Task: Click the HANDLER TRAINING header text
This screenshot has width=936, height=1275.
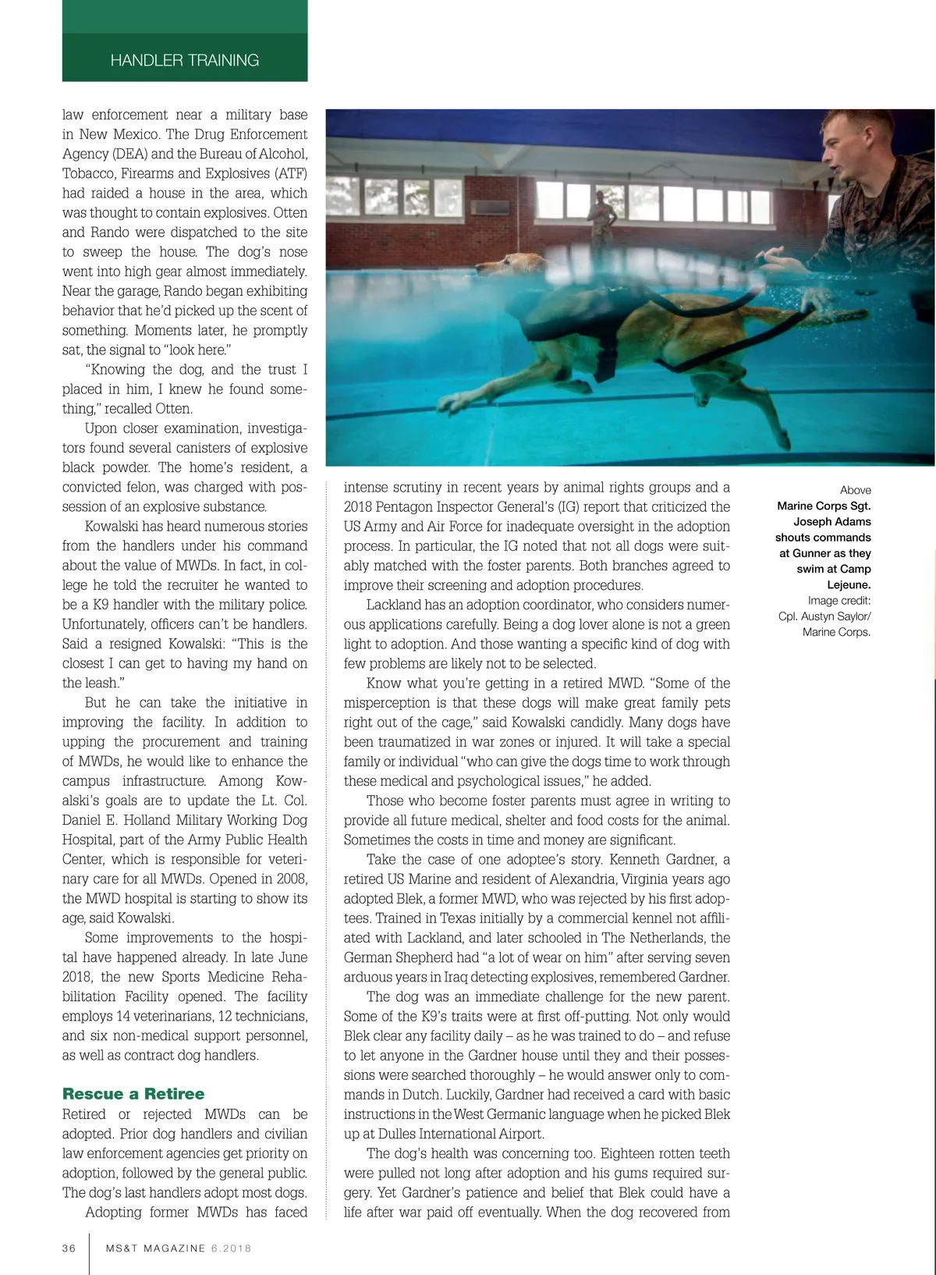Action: (x=185, y=60)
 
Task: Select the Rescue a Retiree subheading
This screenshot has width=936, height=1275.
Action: (x=133, y=1094)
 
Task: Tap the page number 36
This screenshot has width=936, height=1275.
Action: (x=69, y=1248)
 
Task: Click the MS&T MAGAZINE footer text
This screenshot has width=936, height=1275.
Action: (x=156, y=1248)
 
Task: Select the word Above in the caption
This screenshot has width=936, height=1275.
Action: (x=855, y=490)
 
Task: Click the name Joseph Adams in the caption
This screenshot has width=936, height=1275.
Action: (x=832, y=521)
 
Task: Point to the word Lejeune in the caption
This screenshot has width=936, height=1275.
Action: (x=849, y=584)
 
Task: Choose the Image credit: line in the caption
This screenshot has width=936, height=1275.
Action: (x=839, y=600)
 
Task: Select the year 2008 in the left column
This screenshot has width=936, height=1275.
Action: (x=290, y=879)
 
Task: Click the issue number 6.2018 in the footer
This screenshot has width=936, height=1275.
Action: (x=231, y=1248)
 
